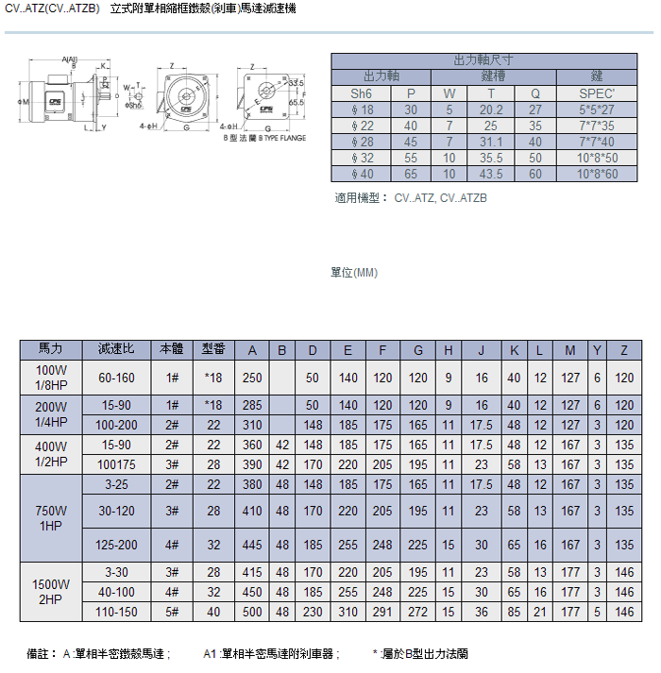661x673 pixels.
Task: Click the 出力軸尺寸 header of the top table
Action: pos(485,60)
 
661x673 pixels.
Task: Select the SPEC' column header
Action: pos(597,93)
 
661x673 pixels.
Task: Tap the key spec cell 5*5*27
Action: pos(597,109)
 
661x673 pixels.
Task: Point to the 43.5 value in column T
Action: pos(491,174)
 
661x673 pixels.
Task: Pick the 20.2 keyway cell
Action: pos(491,109)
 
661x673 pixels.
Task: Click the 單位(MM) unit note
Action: pos(354,273)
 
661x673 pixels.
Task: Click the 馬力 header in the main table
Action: pos(50,350)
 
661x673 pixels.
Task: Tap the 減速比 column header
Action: pos(116,350)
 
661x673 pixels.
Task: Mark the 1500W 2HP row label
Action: pos(50,592)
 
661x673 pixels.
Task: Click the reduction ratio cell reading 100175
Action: pos(116,464)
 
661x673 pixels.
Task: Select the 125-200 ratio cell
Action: pos(116,545)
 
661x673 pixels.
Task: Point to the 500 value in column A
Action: pos(252,612)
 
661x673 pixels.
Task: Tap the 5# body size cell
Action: pos(172,612)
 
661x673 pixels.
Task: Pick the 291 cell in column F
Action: pos(382,612)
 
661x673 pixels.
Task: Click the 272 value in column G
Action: pos(417,612)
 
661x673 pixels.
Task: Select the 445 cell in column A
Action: pos(252,545)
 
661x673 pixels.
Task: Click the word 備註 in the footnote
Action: pos(39,653)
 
